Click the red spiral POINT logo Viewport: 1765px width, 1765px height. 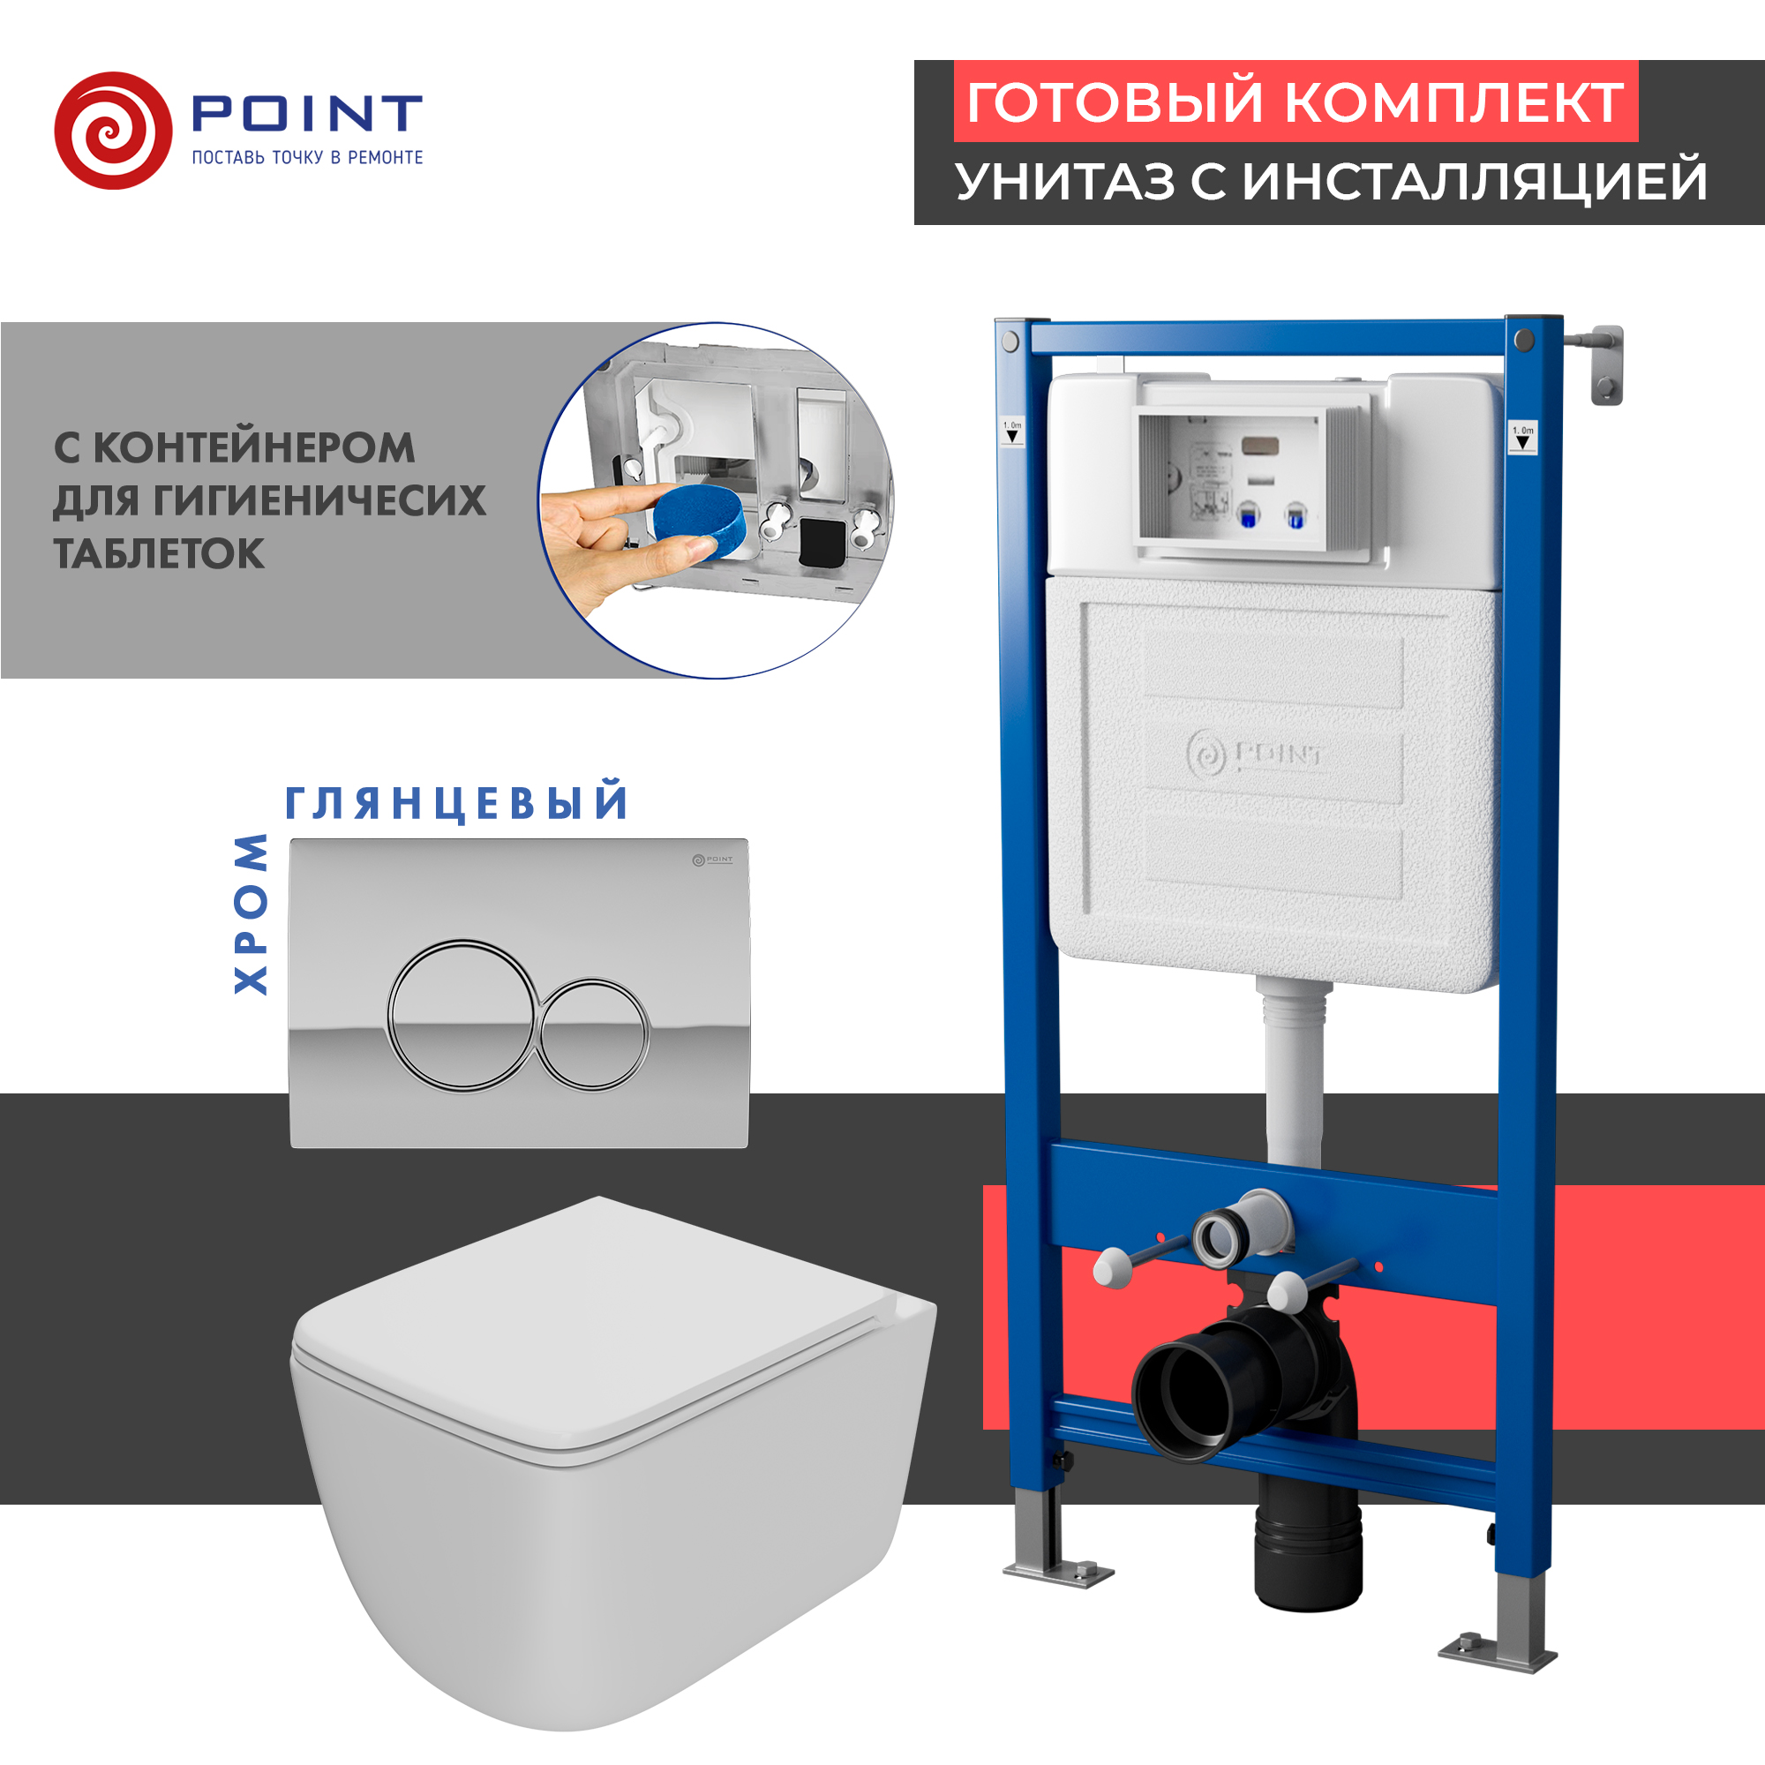[113, 131]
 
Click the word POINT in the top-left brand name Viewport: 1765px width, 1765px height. [306, 114]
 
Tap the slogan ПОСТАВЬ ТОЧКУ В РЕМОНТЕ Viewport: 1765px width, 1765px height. [307, 158]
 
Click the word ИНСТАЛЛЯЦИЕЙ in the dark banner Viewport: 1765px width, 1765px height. [1475, 181]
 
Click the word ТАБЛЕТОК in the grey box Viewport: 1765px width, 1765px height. [159, 553]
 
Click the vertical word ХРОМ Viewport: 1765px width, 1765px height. [251, 913]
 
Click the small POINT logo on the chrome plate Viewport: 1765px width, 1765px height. [711, 860]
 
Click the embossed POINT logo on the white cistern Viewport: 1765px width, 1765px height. [1255, 755]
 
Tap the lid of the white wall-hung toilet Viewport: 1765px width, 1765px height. [594, 1325]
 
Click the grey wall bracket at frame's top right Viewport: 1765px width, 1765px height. [1607, 365]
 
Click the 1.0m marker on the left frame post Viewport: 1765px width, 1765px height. [1012, 432]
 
